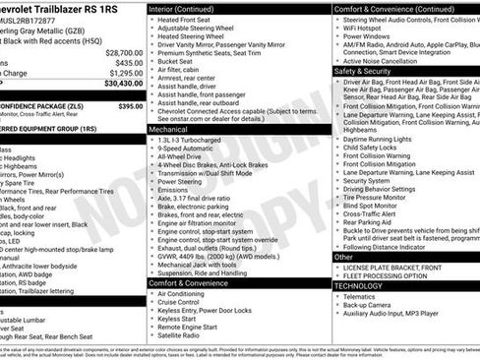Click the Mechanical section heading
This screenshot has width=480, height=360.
(x=168, y=129)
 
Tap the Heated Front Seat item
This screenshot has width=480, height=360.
(x=185, y=20)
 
